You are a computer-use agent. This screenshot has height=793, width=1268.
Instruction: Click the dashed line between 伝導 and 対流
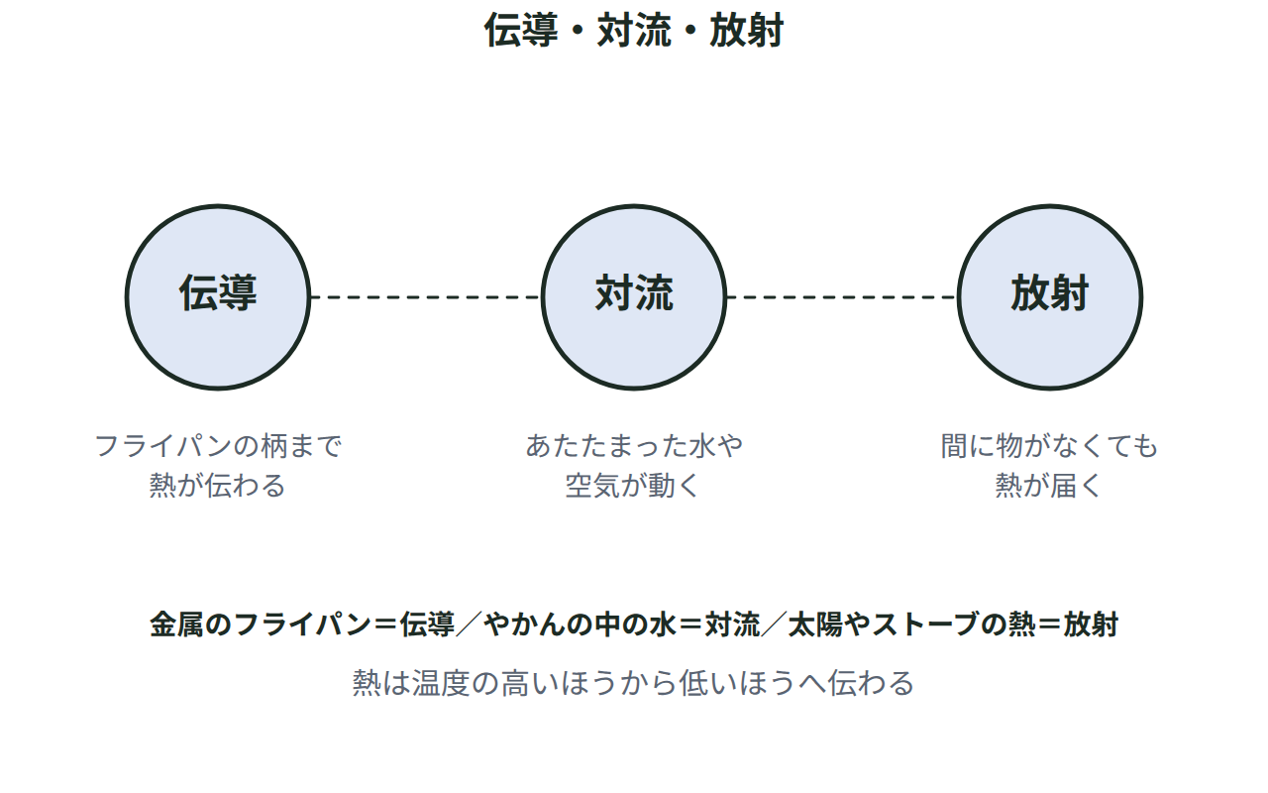coord(426,296)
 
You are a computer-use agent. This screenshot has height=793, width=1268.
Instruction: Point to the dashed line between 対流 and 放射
coord(842,296)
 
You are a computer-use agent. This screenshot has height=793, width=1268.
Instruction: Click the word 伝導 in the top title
coord(521,30)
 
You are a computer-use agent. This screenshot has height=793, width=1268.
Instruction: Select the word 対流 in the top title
coord(634,30)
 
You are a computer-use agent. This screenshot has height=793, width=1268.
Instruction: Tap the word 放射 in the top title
coord(747,30)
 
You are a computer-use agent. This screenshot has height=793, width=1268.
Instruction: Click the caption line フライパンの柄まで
coord(218,446)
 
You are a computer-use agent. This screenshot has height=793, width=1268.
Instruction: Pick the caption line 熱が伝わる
coord(218,486)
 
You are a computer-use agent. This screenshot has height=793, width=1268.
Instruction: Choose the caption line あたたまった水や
coord(634,446)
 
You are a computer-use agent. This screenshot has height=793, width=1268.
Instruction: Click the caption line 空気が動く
coord(634,486)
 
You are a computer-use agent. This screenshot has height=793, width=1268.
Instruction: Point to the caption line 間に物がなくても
coord(1049,446)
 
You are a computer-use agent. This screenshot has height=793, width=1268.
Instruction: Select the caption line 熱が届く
coord(1049,486)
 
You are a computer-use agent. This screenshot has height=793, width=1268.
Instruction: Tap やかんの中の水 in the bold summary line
coord(581,624)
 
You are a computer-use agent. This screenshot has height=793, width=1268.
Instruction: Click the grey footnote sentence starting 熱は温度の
coord(633,683)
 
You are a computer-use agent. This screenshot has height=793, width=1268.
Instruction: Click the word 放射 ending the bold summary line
coord(1091,624)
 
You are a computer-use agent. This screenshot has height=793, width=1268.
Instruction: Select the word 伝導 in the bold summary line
coord(427,624)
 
